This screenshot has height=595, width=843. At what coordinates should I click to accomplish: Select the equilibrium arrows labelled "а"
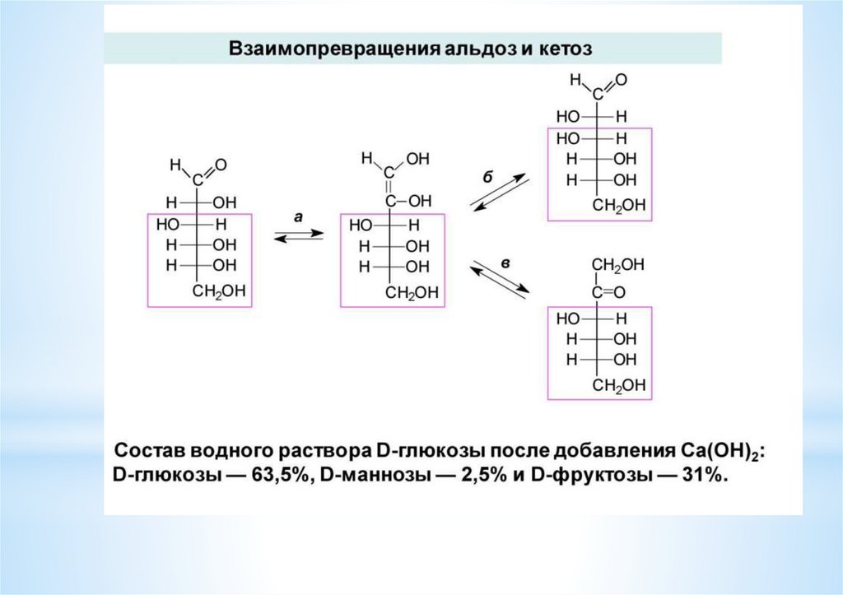[298, 235]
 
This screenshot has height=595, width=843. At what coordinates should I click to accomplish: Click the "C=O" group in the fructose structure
[608, 292]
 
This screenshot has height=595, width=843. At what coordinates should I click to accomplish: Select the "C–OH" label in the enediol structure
[408, 200]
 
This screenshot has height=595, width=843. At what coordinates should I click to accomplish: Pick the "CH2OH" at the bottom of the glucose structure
[217, 291]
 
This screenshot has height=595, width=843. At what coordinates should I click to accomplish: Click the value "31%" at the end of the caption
[702, 479]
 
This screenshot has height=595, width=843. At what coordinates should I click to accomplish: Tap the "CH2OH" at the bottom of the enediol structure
[409, 292]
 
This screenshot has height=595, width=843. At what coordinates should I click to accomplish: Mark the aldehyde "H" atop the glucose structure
[174, 165]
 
